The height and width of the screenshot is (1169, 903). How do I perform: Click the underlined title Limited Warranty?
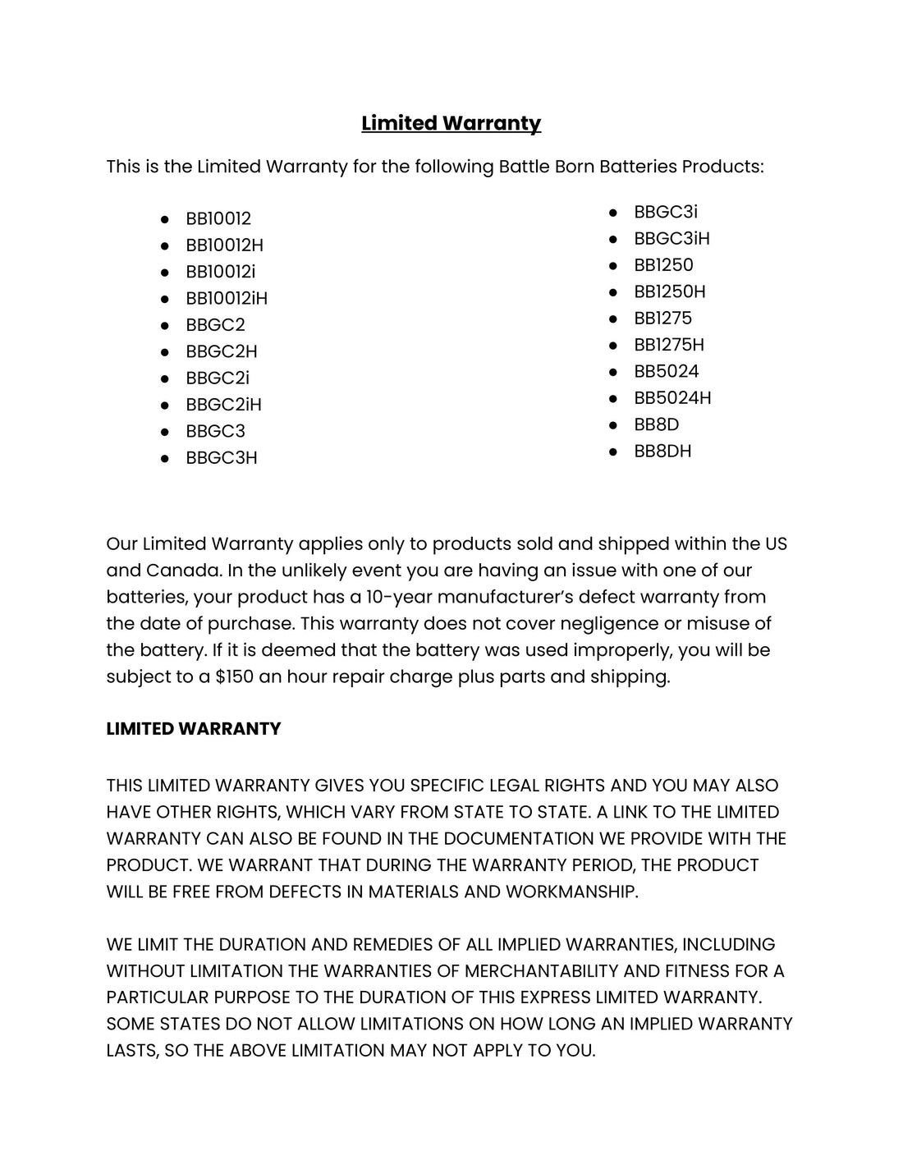[451, 123]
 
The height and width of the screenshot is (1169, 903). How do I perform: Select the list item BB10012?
[218, 219]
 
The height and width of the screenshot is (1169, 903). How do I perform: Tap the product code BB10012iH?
[227, 299]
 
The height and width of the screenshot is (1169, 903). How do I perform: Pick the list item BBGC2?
[215, 325]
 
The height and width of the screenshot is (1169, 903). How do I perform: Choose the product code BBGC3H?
[222, 458]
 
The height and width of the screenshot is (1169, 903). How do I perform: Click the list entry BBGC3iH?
[672, 239]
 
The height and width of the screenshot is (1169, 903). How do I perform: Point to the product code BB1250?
[663, 265]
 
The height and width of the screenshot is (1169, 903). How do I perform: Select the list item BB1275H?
[669, 345]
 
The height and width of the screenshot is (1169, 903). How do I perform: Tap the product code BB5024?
[666, 371]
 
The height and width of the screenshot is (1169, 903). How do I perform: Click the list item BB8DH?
[662, 452]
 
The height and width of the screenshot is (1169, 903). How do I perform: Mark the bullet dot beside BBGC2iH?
[165, 405]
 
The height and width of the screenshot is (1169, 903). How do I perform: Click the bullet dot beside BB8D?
[613, 424]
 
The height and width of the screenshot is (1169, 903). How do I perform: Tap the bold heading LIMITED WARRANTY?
[194, 729]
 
